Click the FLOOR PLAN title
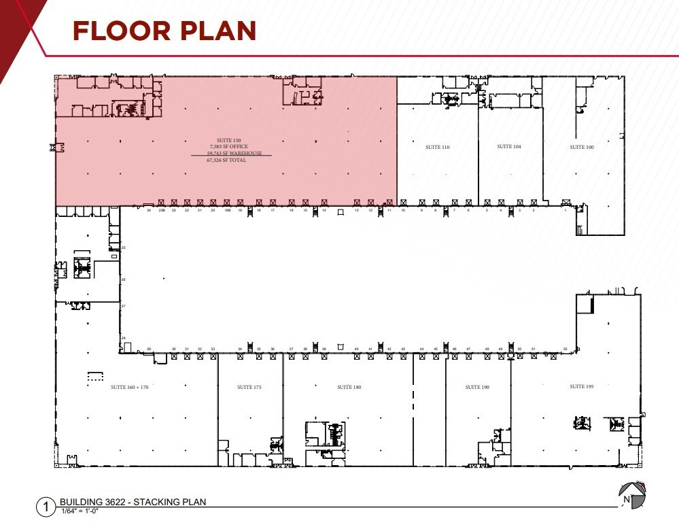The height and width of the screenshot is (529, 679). pos(164,31)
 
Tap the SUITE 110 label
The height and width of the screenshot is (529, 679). pos(438,147)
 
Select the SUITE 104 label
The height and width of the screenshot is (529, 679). pos(509,146)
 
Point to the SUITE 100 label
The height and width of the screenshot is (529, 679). pos(581,147)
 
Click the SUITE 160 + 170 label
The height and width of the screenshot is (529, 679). pos(129,387)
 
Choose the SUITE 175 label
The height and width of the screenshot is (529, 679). pos(249,387)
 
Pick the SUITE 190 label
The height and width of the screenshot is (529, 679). pos(477,387)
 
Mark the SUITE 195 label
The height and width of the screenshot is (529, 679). pos(582,386)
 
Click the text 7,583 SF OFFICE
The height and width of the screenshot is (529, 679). pos(229,147)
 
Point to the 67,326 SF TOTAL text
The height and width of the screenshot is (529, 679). pos(226,160)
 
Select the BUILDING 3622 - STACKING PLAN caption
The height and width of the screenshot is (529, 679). pos(133,502)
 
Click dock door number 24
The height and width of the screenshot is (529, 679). pos(148,211)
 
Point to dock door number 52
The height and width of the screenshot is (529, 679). pos(565,349)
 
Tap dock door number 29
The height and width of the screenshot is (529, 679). pos(149,349)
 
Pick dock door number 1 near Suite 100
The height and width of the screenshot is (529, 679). pos(565,211)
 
